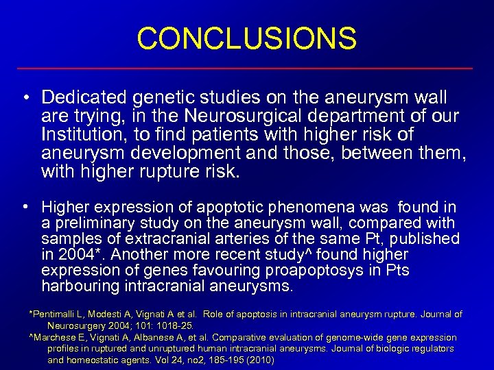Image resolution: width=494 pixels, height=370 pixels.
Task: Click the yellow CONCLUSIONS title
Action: (247, 38)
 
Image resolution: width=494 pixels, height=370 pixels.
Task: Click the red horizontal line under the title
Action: (247, 69)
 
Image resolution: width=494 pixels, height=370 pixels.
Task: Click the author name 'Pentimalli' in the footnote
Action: (56, 314)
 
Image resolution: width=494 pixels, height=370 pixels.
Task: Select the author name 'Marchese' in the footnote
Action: (54, 338)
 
